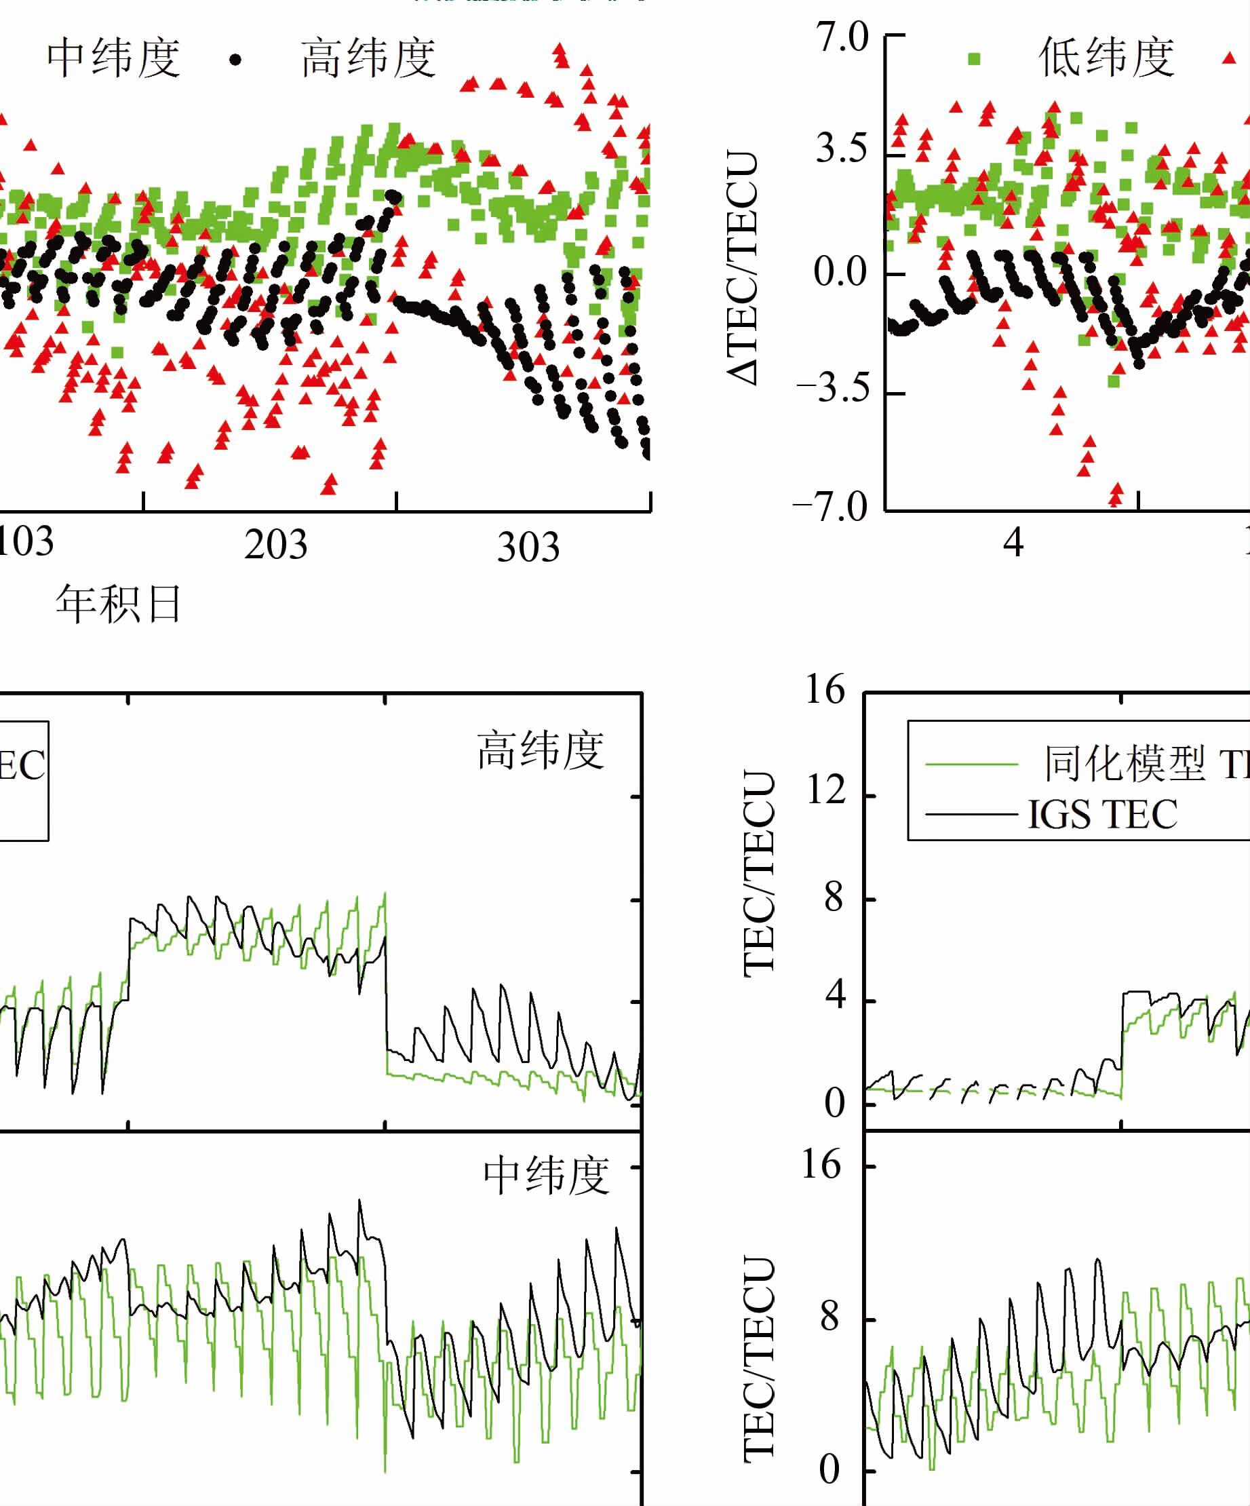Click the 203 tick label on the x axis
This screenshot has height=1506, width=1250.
[x=275, y=544]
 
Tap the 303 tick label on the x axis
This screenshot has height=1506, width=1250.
[x=528, y=547]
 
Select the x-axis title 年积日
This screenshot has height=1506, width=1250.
[x=118, y=604]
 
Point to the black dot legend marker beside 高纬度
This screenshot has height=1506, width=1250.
[x=235, y=60]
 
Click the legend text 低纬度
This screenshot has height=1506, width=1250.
[x=1107, y=58]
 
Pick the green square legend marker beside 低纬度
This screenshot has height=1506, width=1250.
[x=974, y=59]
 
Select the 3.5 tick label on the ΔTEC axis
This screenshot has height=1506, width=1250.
[x=841, y=149]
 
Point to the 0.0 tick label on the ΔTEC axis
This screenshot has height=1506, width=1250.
[x=840, y=273]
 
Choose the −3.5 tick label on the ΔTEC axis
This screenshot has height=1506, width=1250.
[x=832, y=389]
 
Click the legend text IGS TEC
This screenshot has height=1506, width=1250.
[x=1102, y=814]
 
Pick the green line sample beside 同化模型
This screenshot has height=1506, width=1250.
[x=971, y=765]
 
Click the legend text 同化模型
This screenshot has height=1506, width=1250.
[x=1124, y=763]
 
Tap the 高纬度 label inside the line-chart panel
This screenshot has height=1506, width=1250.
[x=541, y=750]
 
